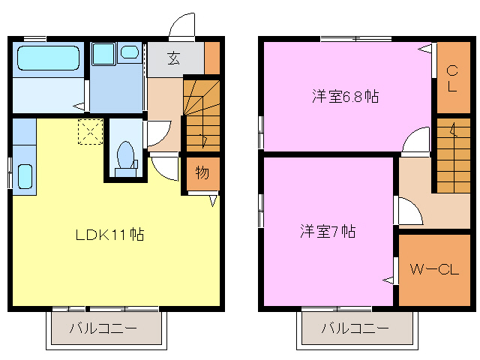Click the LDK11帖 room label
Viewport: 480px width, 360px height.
coord(109,235)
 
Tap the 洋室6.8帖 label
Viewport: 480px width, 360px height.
coord(345,97)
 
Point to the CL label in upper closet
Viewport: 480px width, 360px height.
coord(452,79)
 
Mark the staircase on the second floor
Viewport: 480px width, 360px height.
coord(452,154)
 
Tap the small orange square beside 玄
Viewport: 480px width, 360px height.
coord(212,58)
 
